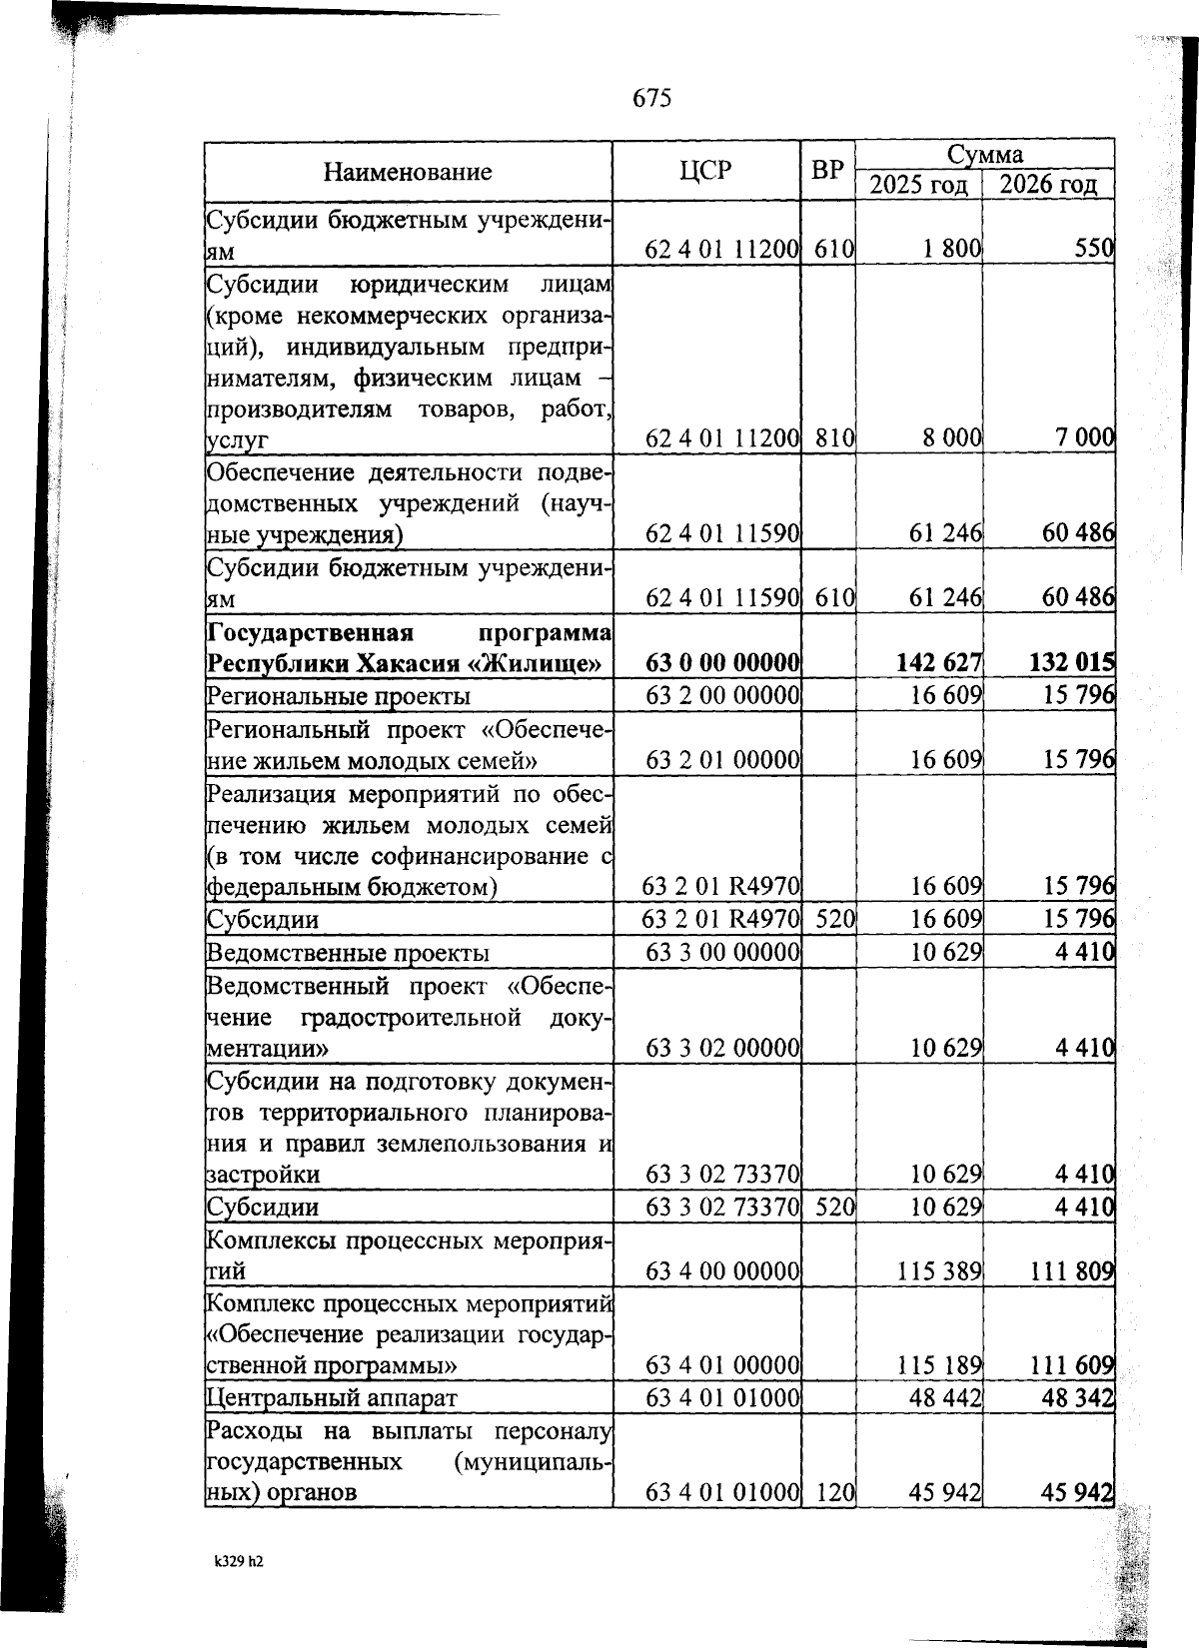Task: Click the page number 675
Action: coord(652,98)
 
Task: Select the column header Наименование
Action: coord(408,172)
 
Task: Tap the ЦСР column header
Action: coord(705,171)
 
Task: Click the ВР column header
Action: coord(827,171)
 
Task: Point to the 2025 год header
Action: coord(918,186)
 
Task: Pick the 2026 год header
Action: coord(1048,186)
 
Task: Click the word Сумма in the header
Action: coord(984,155)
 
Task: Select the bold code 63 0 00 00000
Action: coord(722,663)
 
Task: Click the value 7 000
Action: coord(1083,437)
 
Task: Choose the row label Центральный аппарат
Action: coord(332,1397)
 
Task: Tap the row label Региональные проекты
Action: coord(338,695)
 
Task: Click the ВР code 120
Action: coord(833,1492)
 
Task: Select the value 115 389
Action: coord(940,1270)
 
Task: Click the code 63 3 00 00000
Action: coord(722,952)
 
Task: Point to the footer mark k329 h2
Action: coord(238,1562)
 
